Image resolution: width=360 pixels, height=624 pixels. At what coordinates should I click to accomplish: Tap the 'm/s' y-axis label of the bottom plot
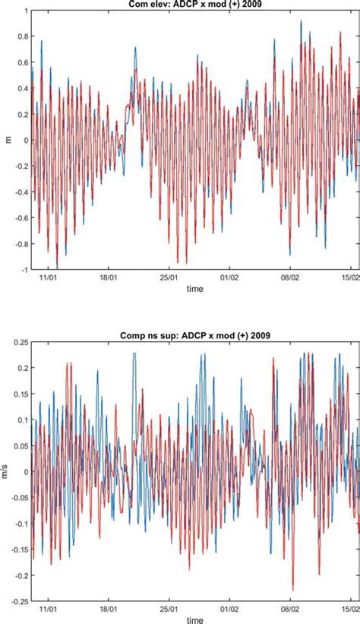tap(6, 470)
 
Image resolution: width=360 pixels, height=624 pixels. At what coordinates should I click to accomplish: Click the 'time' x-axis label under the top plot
tap(195, 290)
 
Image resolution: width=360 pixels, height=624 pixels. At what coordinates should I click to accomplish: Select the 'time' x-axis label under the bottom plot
tap(195, 619)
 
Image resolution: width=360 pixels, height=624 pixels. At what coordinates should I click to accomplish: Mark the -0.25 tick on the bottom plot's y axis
tap(17, 601)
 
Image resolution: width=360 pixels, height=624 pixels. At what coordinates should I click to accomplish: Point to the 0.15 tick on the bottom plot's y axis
tap(19, 394)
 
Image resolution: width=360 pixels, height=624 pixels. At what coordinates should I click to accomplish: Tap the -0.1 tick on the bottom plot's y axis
tap(19, 524)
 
